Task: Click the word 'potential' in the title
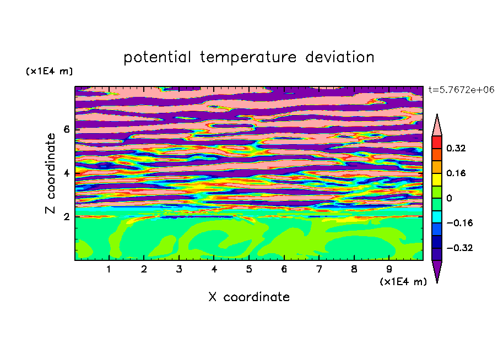[x=157, y=58]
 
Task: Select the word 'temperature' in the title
[x=248, y=57]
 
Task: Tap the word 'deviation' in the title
[x=340, y=57]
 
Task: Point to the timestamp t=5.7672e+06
[x=462, y=90]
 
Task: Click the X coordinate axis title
[x=249, y=297]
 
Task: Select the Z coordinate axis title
[x=50, y=173]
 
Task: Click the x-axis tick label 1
[x=109, y=269]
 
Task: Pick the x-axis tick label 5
[x=249, y=269]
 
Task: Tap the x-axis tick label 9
[x=389, y=269]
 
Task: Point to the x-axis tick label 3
[x=179, y=269]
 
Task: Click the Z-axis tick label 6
[x=66, y=129]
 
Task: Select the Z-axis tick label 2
[x=66, y=217]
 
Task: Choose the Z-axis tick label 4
[x=66, y=173]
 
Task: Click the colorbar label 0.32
[x=456, y=148]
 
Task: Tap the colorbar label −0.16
[x=459, y=223]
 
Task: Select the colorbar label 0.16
[x=456, y=173]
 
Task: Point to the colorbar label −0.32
[x=459, y=248]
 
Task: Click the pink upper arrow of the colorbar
[x=437, y=127]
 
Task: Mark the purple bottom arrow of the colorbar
[x=437, y=269]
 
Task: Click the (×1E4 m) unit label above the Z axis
[x=49, y=71]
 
